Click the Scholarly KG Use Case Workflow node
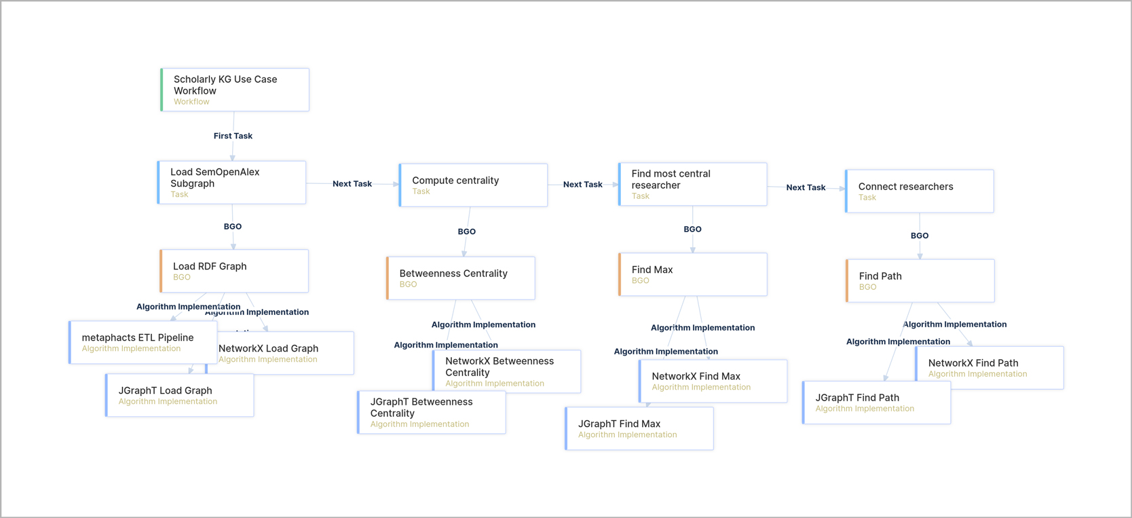[235, 90]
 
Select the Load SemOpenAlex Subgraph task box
[232, 182]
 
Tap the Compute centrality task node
[474, 185]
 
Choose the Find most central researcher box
[693, 184]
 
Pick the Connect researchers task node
[920, 191]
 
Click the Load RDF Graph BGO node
[234, 271]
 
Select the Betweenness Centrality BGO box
[461, 278]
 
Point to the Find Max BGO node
[693, 274]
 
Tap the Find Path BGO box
[920, 280]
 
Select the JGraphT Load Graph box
[180, 395]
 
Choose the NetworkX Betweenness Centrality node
[507, 371]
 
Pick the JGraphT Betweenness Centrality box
[432, 412]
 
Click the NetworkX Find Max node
[713, 381]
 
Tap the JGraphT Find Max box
[639, 428]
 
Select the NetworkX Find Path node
[989, 367]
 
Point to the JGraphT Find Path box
[876, 403]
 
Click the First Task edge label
[233, 136]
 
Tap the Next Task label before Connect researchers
[806, 187]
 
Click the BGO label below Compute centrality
[467, 232]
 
